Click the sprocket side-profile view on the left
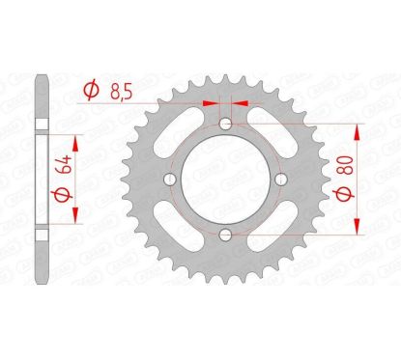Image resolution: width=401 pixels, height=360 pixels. coord(38,180)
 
